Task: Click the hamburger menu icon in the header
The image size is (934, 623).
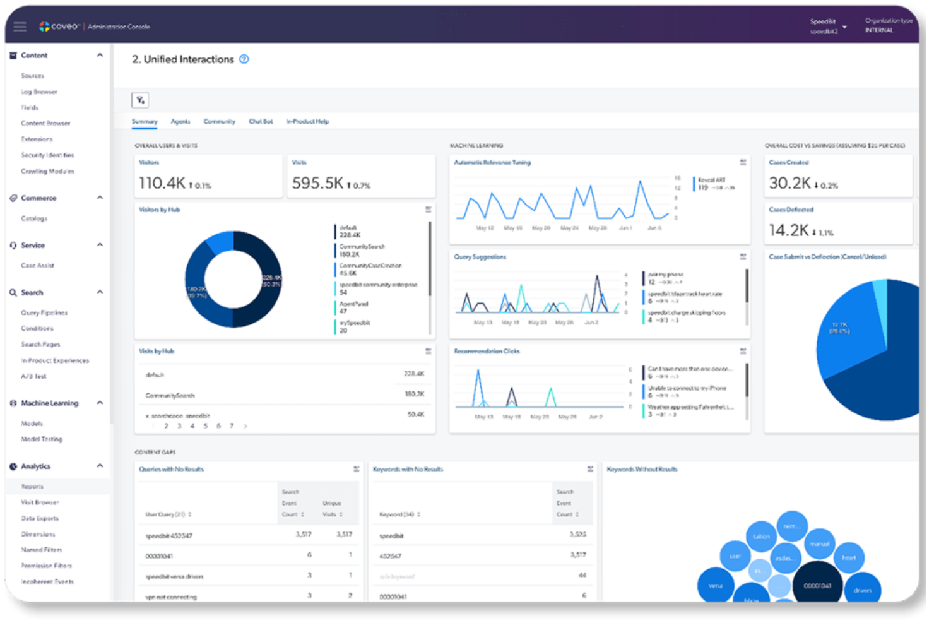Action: coord(20,27)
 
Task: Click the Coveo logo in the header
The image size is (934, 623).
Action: coord(59,27)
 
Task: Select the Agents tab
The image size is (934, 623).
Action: coord(180,121)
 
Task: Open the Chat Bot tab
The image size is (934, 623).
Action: coord(261,121)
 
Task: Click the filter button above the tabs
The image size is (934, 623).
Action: coord(140,100)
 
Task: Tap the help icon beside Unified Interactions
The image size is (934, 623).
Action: coord(244,59)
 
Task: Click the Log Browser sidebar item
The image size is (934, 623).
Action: coord(39,92)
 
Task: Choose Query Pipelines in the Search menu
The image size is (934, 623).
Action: coord(44,312)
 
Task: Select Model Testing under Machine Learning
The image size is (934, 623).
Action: coord(42,439)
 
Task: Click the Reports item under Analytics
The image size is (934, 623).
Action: coord(32,486)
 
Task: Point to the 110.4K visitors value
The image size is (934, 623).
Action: coord(162,183)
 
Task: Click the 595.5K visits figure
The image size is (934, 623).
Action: coord(317,183)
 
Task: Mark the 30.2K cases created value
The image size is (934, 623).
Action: coord(789,183)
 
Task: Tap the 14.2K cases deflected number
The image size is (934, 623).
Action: coord(788,230)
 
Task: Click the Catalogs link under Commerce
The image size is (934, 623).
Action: coord(34,218)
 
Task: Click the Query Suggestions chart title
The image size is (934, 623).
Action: coord(480,257)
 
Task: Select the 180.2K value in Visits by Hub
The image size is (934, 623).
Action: coord(414,394)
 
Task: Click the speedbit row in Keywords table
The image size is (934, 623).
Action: coord(391,536)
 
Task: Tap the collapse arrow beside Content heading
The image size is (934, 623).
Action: coord(100,56)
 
